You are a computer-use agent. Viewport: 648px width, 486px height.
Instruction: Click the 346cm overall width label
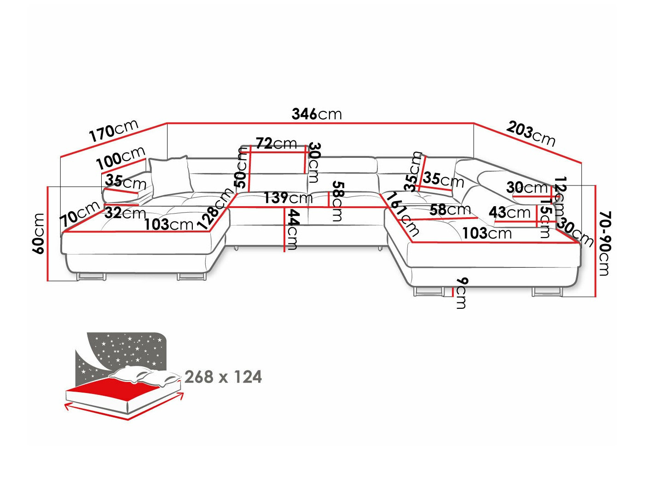317,114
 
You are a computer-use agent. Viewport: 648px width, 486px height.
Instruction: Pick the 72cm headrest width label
276,144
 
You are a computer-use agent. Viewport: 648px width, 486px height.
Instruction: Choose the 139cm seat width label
288,198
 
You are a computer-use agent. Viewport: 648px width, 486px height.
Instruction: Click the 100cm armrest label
121,158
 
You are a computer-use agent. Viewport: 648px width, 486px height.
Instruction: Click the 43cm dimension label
509,212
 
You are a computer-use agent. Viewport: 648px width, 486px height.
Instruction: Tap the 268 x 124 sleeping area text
223,377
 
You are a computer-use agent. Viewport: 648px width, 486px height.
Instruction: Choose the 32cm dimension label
125,213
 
